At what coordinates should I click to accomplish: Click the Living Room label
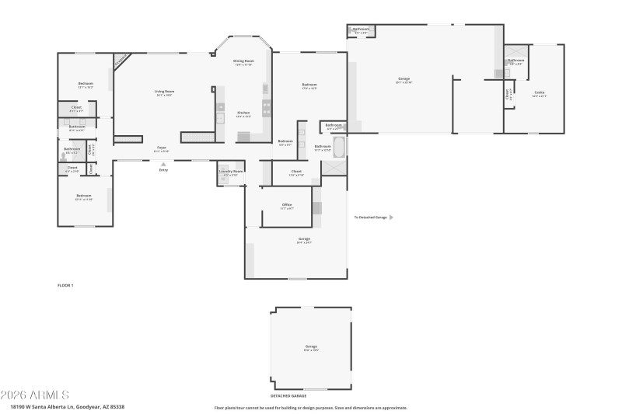click(164, 92)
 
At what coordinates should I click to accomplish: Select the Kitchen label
click(243, 114)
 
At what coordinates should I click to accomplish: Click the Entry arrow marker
click(163, 164)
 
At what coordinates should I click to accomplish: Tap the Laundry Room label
click(231, 172)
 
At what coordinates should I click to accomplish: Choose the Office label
click(287, 206)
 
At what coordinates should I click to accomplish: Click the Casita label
click(539, 93)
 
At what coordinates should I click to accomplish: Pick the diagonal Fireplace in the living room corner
click(122, 61)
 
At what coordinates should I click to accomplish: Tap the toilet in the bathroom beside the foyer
click(64, 155)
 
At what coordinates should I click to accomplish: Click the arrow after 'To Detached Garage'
click(391, 217)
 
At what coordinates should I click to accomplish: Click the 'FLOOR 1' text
click(65, 286)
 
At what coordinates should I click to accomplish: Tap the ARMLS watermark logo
click(36, 395)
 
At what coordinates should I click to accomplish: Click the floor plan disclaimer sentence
click(310, 407)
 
